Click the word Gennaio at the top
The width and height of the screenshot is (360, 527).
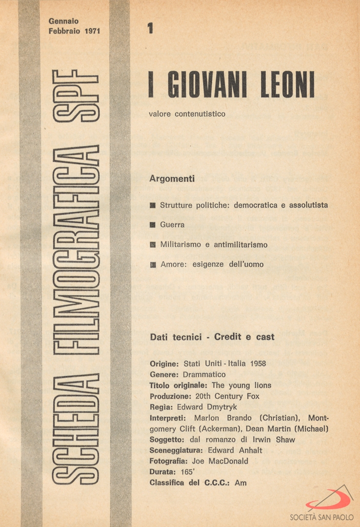(63, 21)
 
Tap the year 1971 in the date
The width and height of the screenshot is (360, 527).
(91, 30)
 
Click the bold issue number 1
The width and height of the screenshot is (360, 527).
(150, 29)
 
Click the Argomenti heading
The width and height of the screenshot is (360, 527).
(172, 179)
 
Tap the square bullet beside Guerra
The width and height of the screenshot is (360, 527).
(153, 225)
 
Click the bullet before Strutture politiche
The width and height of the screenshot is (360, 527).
(153, 205)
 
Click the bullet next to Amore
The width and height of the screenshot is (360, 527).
(153, 264)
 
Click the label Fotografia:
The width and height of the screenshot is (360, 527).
(168, 461)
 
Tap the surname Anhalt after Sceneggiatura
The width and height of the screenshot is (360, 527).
(250, 450)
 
